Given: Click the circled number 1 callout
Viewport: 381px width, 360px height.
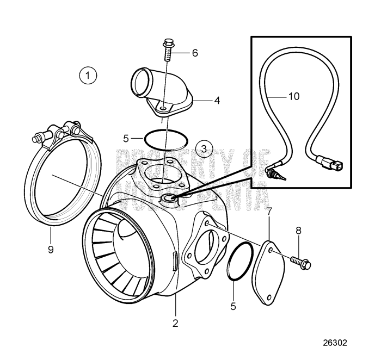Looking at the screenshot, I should [x=88, y=75].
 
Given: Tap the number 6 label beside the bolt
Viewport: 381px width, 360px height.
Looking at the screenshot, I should [x=194, y=53].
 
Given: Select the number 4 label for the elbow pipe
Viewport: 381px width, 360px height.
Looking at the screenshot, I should [x=217, y=101].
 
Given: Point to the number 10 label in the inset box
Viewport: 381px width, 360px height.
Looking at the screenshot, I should [x=293, y=97].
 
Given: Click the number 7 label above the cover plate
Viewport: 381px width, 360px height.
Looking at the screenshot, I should [x=271, y=210].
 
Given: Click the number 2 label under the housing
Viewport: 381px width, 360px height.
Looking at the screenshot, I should [x=175, y=322].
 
